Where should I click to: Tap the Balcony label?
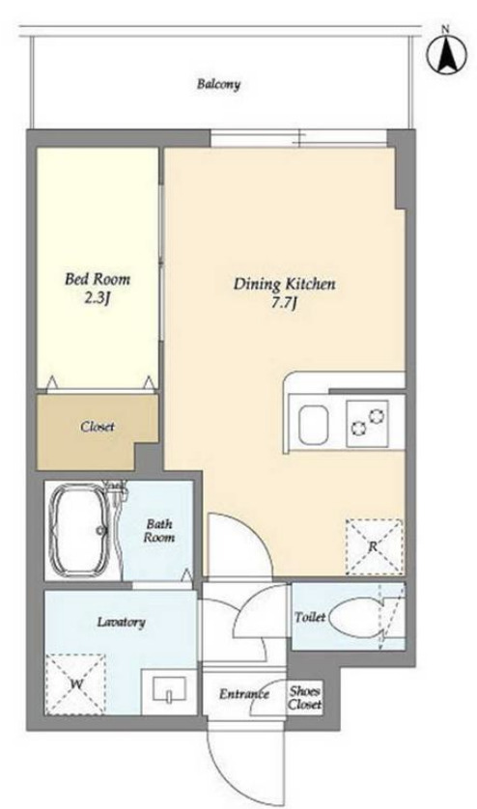pyautogui.click(x=218, y=84)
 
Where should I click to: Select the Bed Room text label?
pyautogui.click(x=98, y=279)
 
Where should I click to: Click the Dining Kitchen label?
pyautogui.click(x=285, y=283)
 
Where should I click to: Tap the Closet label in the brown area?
pyautogui.click(x=98, y=427)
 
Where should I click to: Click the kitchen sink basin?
pyautogui.click(x=314, y=425)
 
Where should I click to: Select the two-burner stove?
pyautogui.click(x=367, y=423)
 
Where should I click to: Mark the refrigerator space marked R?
pyautogui.click(x=374, y=547)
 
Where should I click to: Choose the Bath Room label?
pyautogui.click(x=159, y=530)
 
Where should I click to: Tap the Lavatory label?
pyautogui.click(x=121, y=622)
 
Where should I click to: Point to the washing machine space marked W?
pyautogui.click(x=75, y=684)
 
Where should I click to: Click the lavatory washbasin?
pyautogui.click(x=169, y=691)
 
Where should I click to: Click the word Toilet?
pyautogui.click(x=309, y=617)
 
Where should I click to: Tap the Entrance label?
pyautogui.click(x=244, y=694)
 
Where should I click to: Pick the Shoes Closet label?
pyautogui.click(x=304, y=697)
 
